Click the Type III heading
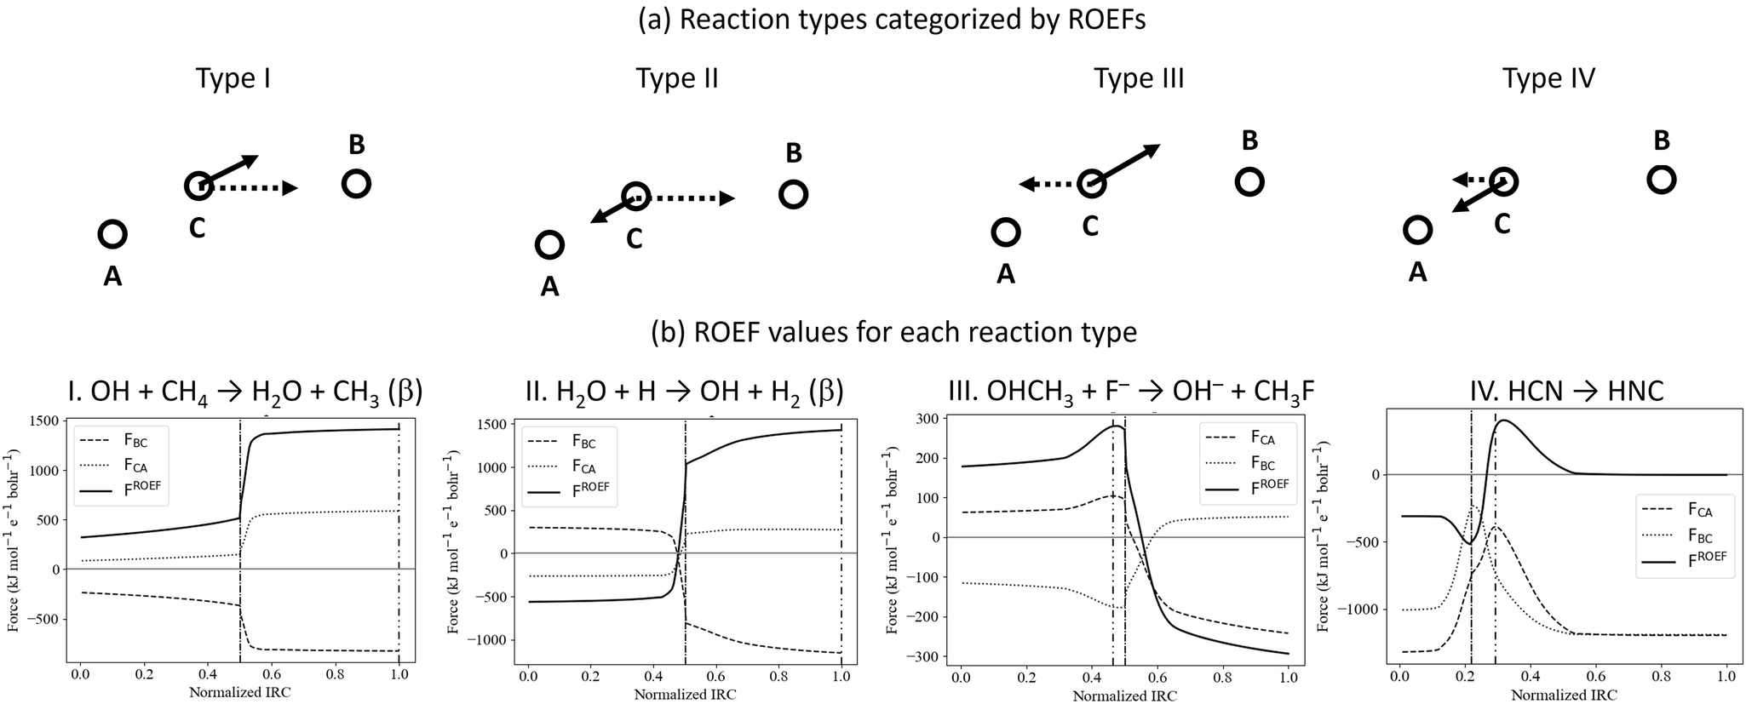(x=1139, y=79)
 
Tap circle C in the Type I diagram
(x=198, y=186)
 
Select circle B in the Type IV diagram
(x=1661, y=180)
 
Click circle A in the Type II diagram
(x=549, y=245)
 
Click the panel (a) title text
(x=892, y=19)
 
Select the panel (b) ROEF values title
(x=893, y=330)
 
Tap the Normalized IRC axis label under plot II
(x=685, y=694)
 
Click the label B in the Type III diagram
(x=1249, y=140)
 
